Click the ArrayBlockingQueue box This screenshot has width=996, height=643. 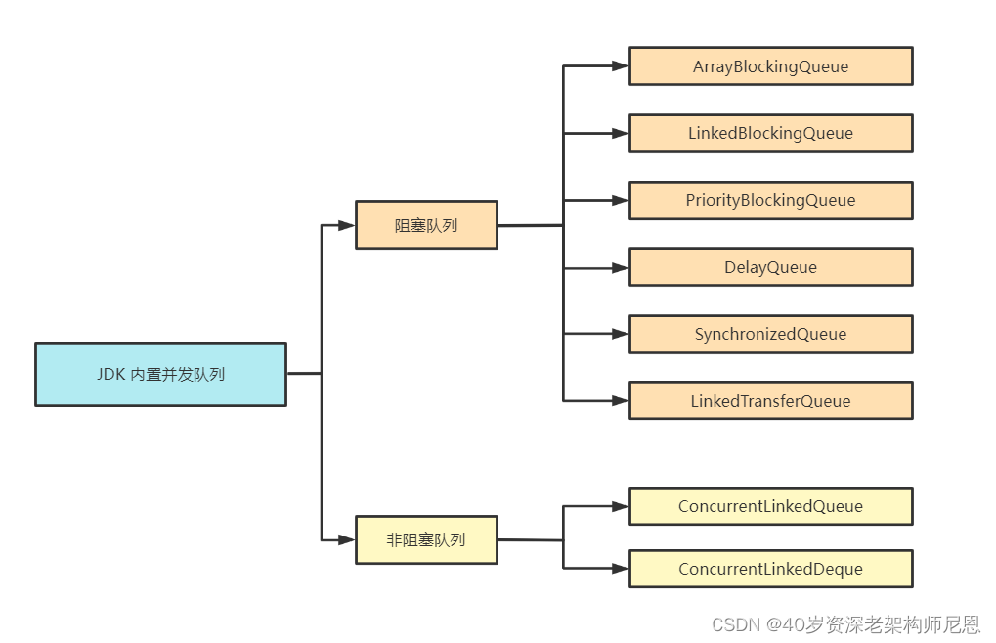coord(770,66)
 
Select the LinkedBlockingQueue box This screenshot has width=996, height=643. coord(770,133)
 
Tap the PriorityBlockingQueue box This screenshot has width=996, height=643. coord(770,200)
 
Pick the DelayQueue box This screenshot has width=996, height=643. coord(770,267)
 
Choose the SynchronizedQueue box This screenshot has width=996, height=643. coord(770,334)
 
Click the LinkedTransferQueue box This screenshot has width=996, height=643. coord(770,401)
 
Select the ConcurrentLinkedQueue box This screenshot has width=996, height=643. coord(770,506)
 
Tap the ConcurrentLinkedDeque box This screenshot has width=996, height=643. coord(770,569)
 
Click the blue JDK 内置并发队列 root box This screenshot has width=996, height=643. coord(160,374)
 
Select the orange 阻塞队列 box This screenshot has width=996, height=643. coord(426,225)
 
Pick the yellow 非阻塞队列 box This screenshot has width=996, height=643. coord(426,539)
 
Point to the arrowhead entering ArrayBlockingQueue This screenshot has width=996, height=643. coord(620,66)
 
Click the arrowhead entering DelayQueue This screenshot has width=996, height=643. coord(620,267)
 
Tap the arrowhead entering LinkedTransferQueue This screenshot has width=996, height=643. coord(620,401)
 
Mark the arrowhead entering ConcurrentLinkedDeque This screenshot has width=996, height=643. coord(620,569)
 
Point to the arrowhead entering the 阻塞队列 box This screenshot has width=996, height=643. coord(346,225)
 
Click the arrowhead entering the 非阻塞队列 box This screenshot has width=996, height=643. coord(346,539)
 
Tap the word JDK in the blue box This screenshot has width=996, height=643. coord(110,374)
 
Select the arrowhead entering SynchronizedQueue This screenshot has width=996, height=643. coord(620,334)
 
